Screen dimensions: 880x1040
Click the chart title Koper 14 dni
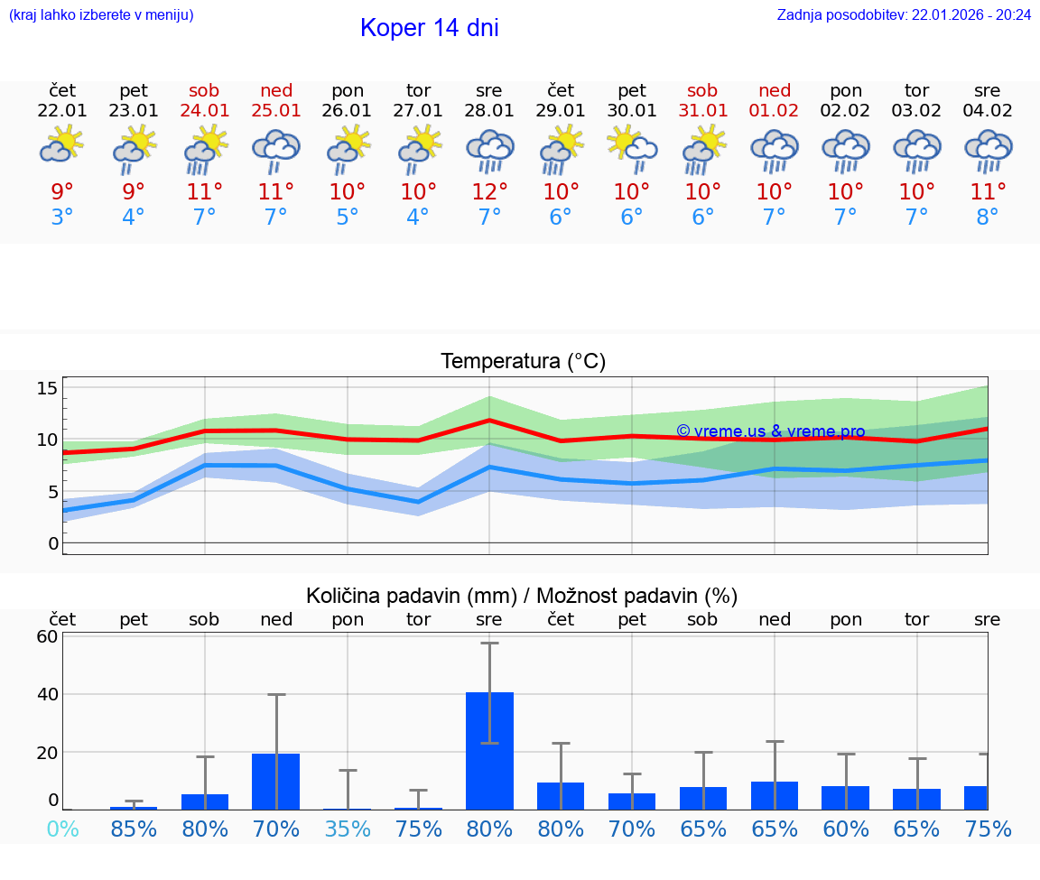[x=429, y=28]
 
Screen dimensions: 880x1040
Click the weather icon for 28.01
[x=489, y=151]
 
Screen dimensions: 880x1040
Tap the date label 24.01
[x=205, y=111]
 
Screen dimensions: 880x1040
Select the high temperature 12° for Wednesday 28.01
[x=489, y=192]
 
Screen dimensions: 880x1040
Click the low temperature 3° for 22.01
[x=62, y=218]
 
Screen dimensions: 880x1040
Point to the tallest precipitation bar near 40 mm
[x=489, y=750]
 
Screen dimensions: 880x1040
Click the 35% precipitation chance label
[x=348, y=829]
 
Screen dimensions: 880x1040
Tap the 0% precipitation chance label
[x=62, y=829]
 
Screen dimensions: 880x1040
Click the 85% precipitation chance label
[x=134, y=829]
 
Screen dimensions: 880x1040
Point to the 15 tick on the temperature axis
[x=47, y=388]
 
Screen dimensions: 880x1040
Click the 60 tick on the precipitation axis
[x=47, y=636]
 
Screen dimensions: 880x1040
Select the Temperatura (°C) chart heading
[x=523, y=362]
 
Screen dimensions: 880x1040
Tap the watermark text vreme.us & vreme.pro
[x=771, y=431]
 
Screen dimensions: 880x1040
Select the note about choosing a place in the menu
[x=101, y=15]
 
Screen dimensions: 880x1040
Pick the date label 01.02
[x=774, y=111]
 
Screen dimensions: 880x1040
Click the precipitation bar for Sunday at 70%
[x=276, y=781]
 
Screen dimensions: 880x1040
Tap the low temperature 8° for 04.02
[x=988, y=218]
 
